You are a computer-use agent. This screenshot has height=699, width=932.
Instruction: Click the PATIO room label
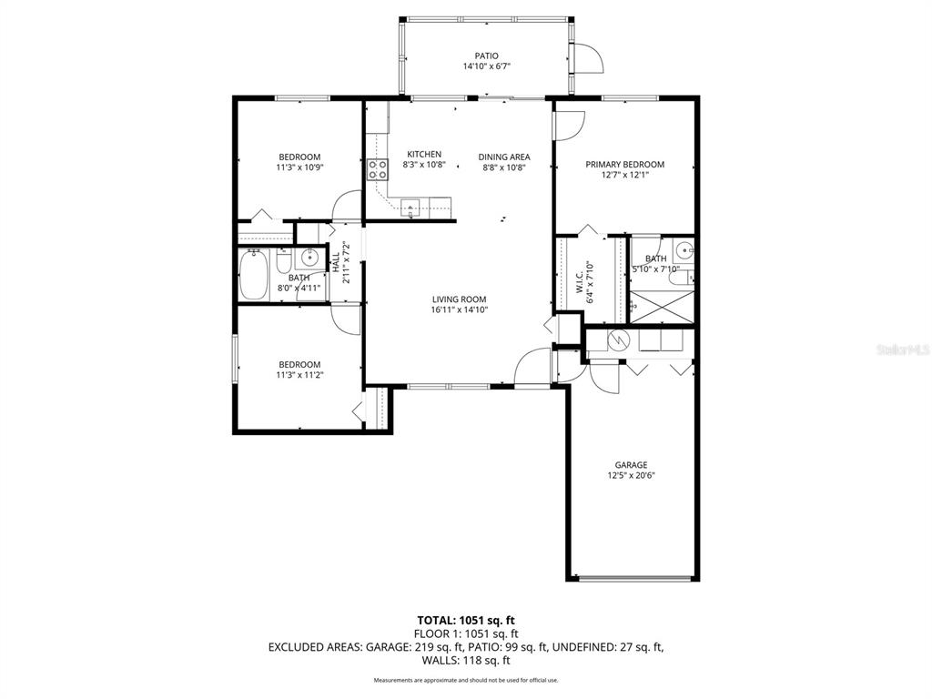click(x=486, y=56)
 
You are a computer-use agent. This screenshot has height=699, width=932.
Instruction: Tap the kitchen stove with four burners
click(x=377, y=169)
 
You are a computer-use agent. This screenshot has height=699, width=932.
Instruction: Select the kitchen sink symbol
click(x=411, y=207)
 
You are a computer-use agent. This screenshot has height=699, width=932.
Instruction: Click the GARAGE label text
click(x=631, y=465)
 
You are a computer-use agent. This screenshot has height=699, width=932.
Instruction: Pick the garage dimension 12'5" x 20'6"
click(x=631, y=475)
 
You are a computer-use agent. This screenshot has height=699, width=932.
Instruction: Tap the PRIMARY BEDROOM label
click(x=624, y=165)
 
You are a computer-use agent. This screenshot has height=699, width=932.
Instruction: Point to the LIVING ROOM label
click(x=459, y=299)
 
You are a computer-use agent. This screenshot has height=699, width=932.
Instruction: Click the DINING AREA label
click(x=504, y=157)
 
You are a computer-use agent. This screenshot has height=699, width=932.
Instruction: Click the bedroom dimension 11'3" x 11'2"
click(x=299, y=374)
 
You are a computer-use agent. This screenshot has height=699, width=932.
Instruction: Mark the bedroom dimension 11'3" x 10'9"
click(x=299, y=167)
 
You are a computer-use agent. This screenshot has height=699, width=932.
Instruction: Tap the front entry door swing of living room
click(x=532, y=369)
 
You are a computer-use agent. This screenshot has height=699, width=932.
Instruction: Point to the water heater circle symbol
click(x=618, y=340)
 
